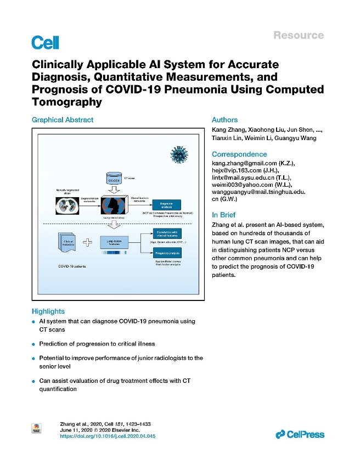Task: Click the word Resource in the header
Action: [299, 35]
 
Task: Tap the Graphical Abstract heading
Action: [63, 120]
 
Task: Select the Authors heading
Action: [225, 120]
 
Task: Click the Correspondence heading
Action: [239, 154]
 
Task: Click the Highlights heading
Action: [48, 311]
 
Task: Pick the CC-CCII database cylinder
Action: [113, 178]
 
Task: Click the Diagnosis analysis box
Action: [166, 204]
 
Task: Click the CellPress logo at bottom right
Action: [300, 434]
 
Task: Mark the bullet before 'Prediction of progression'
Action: [34, 344]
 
